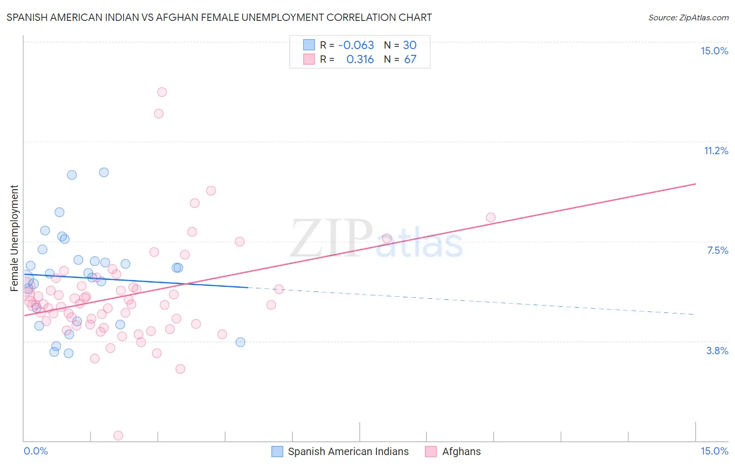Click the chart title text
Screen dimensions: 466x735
click(219, 17)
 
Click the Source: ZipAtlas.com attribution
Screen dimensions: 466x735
click(688, 17)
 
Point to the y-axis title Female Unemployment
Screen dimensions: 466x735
click(14, 238)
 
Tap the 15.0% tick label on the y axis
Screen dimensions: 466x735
click(714, 51)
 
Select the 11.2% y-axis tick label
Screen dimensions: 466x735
click(716, 150)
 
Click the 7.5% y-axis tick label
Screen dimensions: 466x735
click(717, 250)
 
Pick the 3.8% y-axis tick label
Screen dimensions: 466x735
click(717, 351)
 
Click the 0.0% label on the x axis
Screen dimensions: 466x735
click(36, 451)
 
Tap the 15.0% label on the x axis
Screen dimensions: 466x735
click(714, 451)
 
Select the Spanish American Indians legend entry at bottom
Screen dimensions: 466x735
click(348, 451)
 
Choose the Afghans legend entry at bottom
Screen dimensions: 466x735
click(461, 451)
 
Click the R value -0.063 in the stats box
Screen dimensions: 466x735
click(356, 45)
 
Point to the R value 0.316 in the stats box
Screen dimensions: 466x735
click(360, 59)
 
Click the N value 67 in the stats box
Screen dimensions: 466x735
click(410, 59)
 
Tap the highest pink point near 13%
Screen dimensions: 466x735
click(162, 92)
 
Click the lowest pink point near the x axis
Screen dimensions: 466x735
click(118, 436)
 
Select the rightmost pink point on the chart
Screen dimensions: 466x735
click(490, 217)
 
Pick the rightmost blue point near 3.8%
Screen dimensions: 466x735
click(240, 342)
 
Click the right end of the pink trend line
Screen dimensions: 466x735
click(695, 184)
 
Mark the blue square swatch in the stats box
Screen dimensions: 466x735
click(309, 45)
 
